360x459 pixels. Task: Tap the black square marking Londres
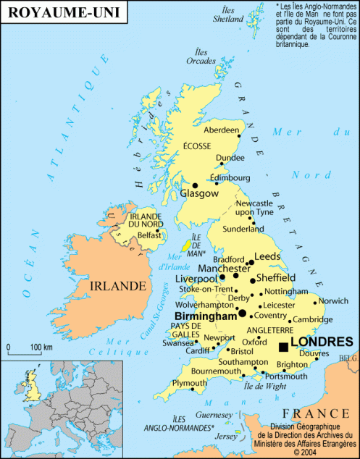(x=282, y=348)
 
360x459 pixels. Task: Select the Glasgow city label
(x=199, y=194)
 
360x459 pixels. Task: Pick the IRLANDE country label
(x=117, y=286)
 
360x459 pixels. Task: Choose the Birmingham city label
(x=206, y=316)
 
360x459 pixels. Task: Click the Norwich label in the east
(x=333, y=300)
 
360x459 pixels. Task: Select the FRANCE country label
(x=319, y=413)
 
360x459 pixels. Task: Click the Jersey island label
(x=226, y=436)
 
